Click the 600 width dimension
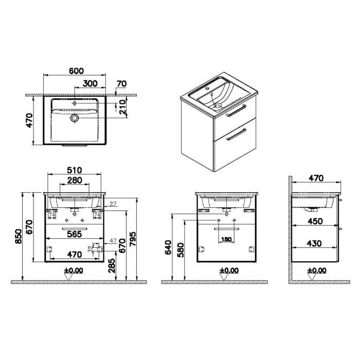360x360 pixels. coord(76,71)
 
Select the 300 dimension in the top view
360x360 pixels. coord(91,83)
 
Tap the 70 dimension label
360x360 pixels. coord(121,83)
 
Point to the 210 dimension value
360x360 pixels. coord(122,107)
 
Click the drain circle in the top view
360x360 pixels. coord(76,118)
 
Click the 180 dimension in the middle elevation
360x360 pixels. coord(226,239)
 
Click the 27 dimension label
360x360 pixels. coord(113,204)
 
